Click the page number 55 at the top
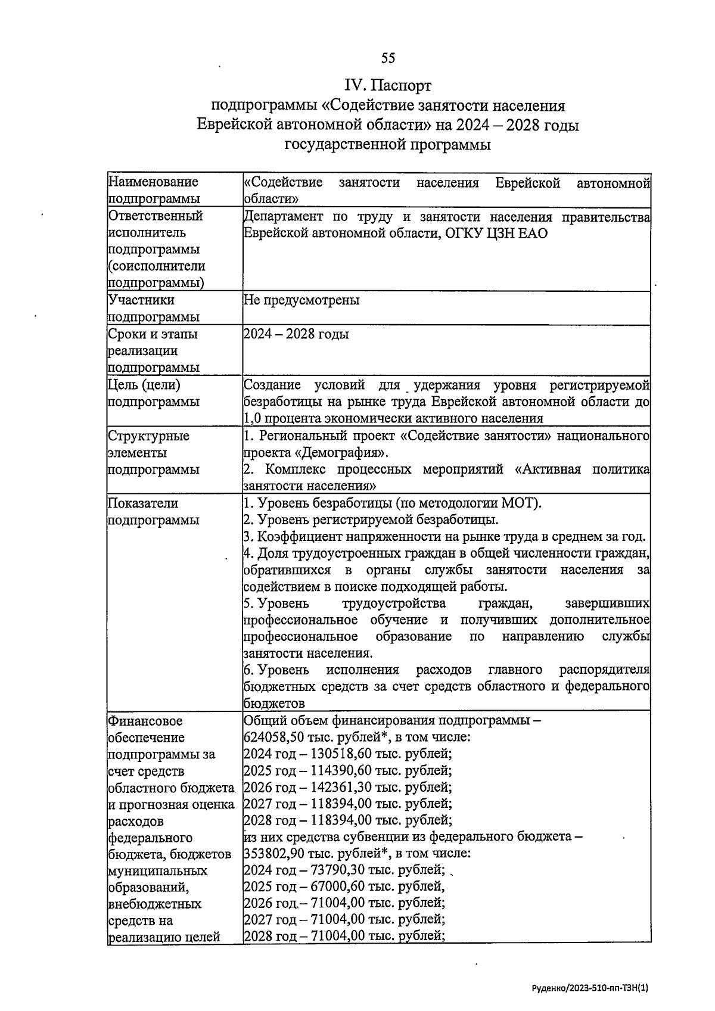click(x=388, y=58)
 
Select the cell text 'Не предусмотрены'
click(x=301, y=300)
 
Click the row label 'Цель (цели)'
click(x=144, y=385)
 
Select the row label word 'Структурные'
click(x=148, y=436)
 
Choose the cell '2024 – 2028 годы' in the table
click(x=296, y=334)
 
